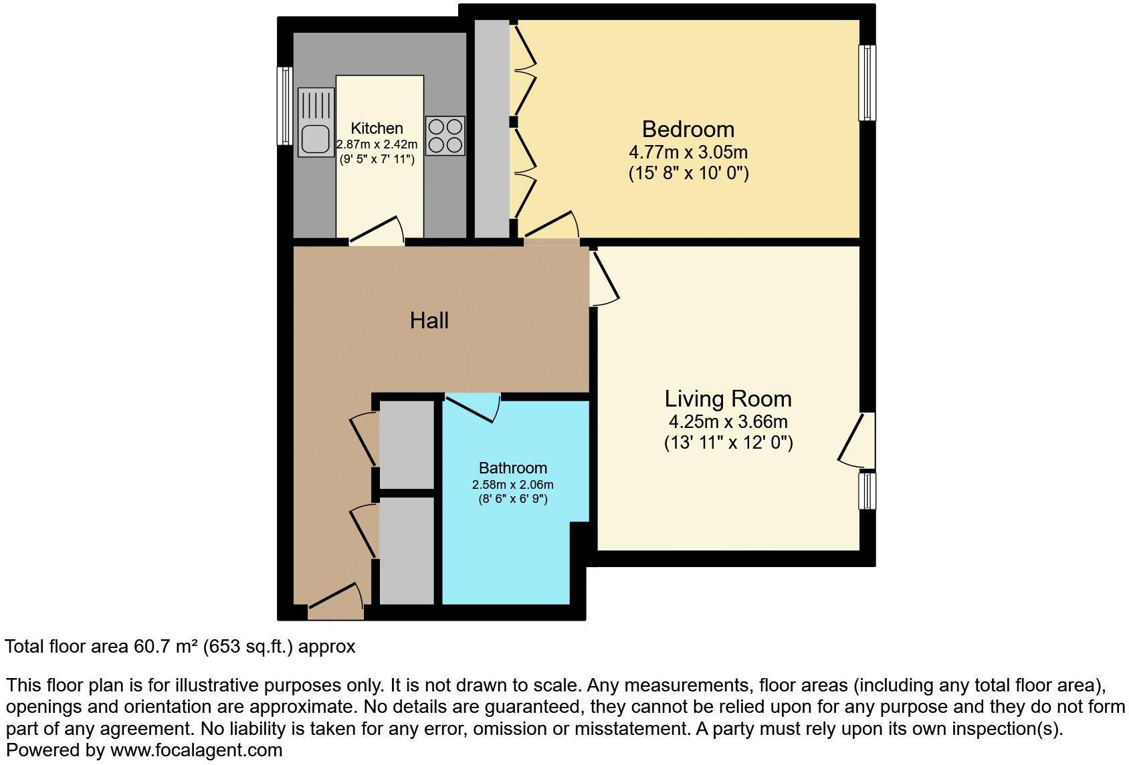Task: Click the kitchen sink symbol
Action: point(316,122)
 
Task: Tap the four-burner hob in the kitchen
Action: point(445,136)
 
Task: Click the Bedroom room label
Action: point(688,129)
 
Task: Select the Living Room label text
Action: point(728,399)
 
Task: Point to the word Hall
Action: point(429,321)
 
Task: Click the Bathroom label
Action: point(512,468)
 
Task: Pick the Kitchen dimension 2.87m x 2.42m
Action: point(377,144)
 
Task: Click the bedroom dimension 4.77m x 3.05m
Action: point(688,152)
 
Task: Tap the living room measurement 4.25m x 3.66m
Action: point(728,422)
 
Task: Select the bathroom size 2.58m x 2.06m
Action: point(512,485)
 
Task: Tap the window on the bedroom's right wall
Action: point(867,83)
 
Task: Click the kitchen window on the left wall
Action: point(285,106)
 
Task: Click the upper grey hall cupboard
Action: point(407,445)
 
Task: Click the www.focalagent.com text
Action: point(196,750)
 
